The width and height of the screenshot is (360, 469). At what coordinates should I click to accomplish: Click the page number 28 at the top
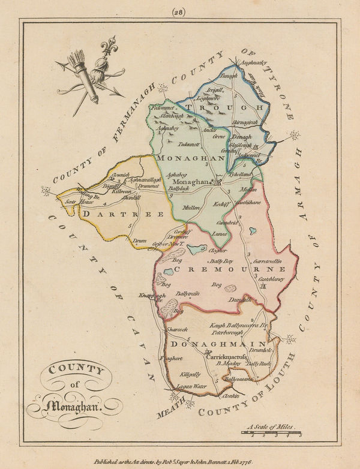coord(179,10)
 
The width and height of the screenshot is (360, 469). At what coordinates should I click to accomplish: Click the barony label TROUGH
coord(223,107)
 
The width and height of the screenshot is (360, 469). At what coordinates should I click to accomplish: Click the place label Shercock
coord(178,329)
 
